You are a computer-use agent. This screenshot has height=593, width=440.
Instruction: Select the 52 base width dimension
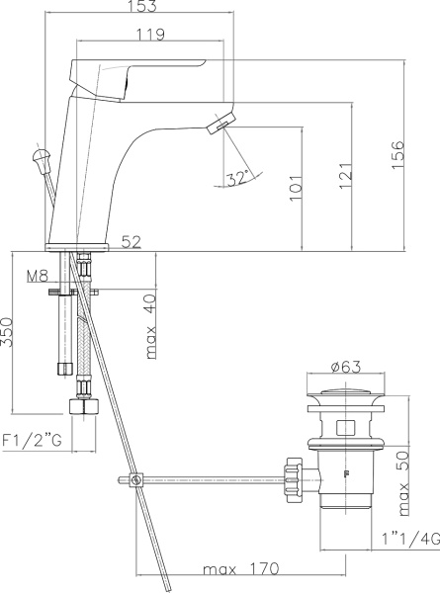[x=131, y=241]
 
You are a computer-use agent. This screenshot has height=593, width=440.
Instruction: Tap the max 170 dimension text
[x=240, y=570]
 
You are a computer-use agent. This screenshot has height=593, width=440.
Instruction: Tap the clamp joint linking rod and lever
[x=135, y=481]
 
